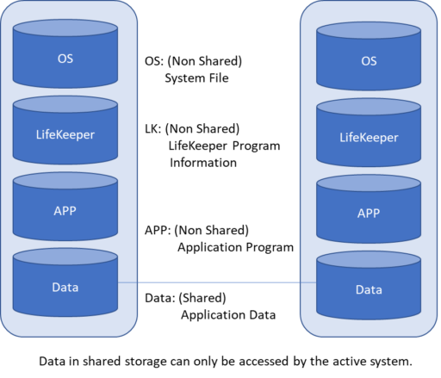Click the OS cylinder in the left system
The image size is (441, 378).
(65, 53)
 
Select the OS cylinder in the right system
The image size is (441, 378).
(369, 56)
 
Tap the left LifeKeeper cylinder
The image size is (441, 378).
(65, 130)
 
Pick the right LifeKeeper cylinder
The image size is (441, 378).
(369, 133)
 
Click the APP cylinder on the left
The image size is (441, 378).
(65, 207)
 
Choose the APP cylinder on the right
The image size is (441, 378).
(369, 209)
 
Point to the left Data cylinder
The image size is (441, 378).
(65, 282)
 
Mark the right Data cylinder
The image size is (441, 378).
(369, 285)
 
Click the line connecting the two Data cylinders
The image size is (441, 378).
(217, 282)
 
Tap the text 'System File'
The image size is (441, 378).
(196, 78)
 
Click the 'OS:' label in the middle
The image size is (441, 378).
(154, 61)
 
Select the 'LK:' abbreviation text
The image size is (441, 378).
(153, 129)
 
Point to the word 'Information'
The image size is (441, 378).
(203, 163)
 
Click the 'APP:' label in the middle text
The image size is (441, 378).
(158, 230)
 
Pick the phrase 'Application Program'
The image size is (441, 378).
(235, 247)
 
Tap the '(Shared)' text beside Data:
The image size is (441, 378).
(202, 298)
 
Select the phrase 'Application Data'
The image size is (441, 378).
(228, 315)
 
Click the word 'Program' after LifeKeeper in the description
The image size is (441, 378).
(256, 146)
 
